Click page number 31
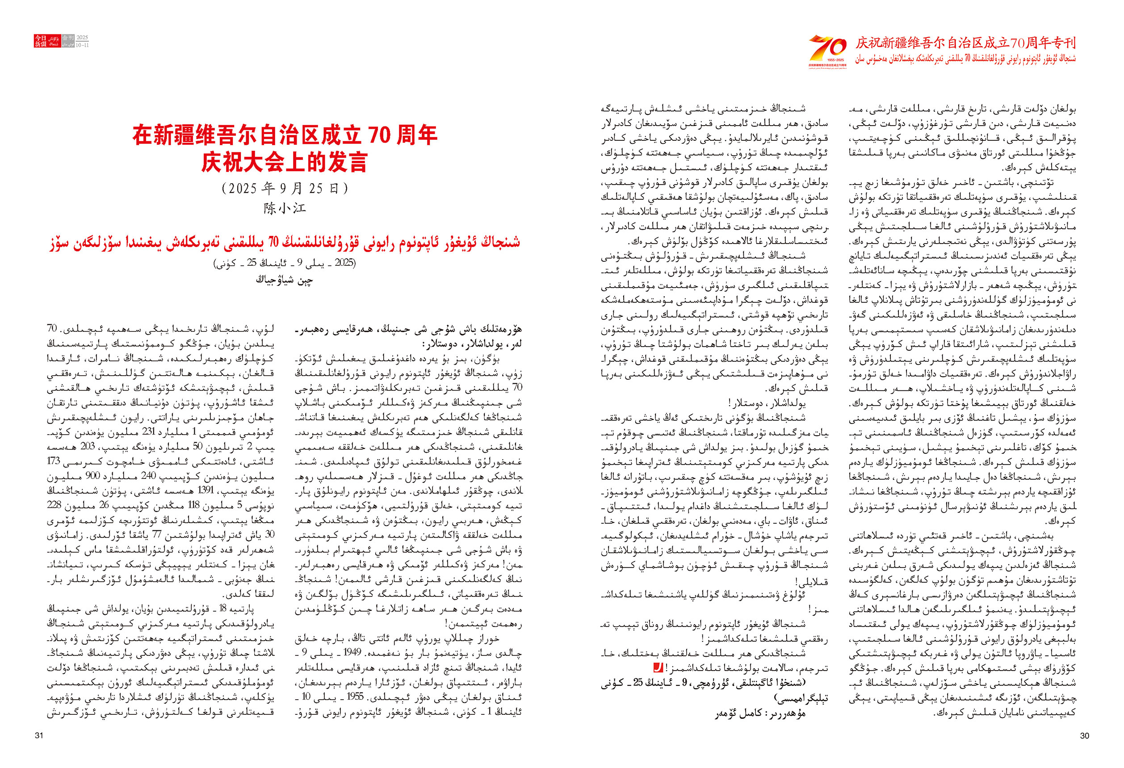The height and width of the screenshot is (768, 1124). coord(39,735)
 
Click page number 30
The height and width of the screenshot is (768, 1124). coord(1084,735)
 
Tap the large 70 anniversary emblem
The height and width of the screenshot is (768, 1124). coord(827,48)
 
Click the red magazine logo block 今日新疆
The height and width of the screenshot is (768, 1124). coord(40,41)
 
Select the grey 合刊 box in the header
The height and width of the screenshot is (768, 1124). coord(68,38)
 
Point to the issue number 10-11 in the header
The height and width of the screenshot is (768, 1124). coord(82,45)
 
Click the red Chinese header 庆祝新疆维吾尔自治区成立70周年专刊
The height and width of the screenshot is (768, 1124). coord(965,42)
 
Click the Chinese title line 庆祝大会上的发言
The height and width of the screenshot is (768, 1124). coord(285,163)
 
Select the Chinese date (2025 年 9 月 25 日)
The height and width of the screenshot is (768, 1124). coord(285,188)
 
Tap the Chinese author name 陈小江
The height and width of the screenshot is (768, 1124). coord(285,209)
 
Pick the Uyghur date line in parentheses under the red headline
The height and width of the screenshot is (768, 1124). coord(285,263)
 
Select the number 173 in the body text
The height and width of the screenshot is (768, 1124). coord(54,461)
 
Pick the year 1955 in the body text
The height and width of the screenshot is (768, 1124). coord(356,697)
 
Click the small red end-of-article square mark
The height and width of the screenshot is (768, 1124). coord(658,668)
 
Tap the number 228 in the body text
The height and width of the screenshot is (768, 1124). coord(54,505)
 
